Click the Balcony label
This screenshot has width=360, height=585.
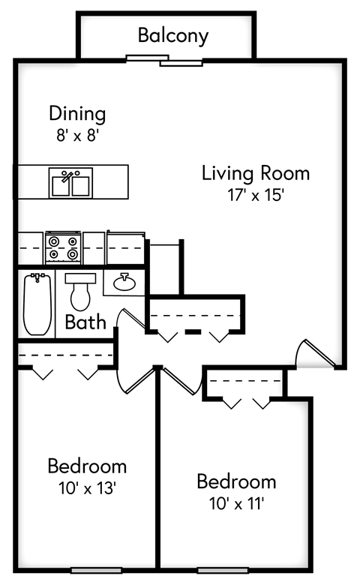[x=173, y=35]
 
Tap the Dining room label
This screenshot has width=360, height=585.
[x=77, y=114]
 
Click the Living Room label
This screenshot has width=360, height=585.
[x=256, y=173]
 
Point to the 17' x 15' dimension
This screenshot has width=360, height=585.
[x=256, y=195]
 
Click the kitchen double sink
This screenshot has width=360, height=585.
[x=71, y=182]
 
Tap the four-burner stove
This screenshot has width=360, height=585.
[x=63, y=247]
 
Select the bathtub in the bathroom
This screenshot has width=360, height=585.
[x=36, y=304]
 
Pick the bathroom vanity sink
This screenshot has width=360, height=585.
[x=124, y=283]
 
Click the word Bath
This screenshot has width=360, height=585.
[x=85, y=322]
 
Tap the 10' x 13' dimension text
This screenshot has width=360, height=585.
[x=86, y=488]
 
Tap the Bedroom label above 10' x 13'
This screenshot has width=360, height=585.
[x=86, y=466]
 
